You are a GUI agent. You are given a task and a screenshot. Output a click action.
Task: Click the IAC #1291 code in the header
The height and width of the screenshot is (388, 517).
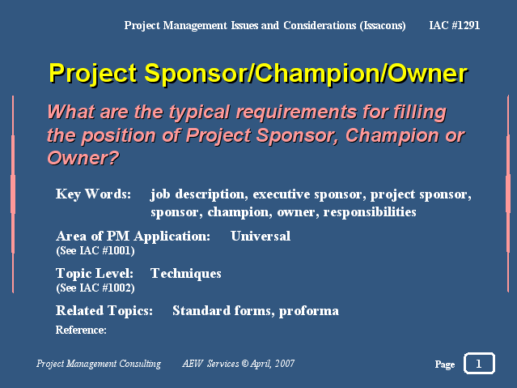pyautogui.click(x=455, y=25)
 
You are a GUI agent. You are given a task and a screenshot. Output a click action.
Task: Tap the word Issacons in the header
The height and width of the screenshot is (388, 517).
pyautogui.click(x=383, y=26)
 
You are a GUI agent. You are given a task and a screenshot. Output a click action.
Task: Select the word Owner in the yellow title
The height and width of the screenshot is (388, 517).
pyautogui.click(x=427, y=74)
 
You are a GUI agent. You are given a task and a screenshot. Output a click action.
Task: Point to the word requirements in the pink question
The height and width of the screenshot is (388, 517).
pyautogui.click(x=296, y=113)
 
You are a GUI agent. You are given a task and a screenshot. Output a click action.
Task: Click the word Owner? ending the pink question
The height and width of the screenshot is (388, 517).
pyautogui.click(x=83, y=158)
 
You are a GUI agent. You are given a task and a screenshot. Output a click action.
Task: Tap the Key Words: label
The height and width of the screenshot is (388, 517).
pyautogui.click(x=93, y=194)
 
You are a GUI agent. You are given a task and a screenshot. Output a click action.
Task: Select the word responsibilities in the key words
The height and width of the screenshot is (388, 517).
pyautogui.click(x=370, y=212)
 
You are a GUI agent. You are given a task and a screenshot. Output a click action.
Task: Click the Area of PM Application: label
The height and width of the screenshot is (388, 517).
pyautogui.click(x=133, y=237)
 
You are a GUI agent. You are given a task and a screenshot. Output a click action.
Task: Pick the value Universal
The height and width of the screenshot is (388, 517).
pyautogui.click(x=261, y=236)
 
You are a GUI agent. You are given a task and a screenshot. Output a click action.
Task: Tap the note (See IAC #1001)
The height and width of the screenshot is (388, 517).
pyautogui.click(x=95, y=251)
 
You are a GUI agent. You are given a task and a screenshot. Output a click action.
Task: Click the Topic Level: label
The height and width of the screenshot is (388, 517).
pyautogui.click(x=95, y=274)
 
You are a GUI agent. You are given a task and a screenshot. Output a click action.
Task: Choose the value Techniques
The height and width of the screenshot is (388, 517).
pyautogui.click(x=185, y=274)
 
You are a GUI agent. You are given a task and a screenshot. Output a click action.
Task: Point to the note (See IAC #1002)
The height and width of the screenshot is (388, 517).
pyautogui.click(x=95, y=288)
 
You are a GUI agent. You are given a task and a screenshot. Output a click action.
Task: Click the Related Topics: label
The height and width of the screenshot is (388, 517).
pyautogui.click(x=104, y=311)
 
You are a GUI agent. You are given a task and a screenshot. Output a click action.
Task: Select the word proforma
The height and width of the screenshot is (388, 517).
pyautogui.click(x=308, y=311)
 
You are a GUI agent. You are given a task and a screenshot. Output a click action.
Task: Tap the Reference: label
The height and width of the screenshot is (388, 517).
pyautogui.click(x=81, y=330)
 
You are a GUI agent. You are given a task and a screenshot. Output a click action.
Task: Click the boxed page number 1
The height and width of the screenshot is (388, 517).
pyautogui.click(x=479, y=363)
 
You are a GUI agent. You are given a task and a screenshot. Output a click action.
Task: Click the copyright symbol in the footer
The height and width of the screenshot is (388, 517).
pyautogui.click(x=245, y=364)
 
